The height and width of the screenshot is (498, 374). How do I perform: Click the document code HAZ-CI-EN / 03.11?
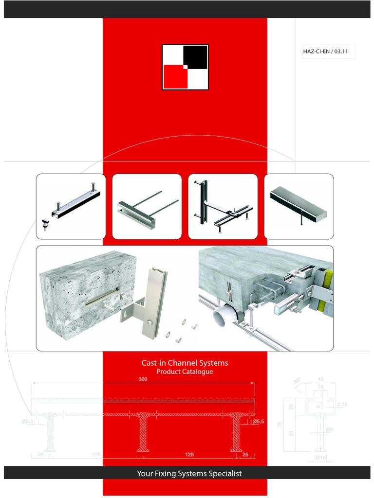[325, 51]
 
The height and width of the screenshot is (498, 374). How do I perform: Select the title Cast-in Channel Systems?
[185, 363]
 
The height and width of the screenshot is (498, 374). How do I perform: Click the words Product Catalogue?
[185, 372]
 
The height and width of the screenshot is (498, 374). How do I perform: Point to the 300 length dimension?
[143, 379]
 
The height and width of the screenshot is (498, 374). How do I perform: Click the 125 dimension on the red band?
[189, 455]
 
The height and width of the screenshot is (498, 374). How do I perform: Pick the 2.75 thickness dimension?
[341, 405]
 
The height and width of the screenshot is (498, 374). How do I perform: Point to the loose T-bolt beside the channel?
[44, 224]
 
